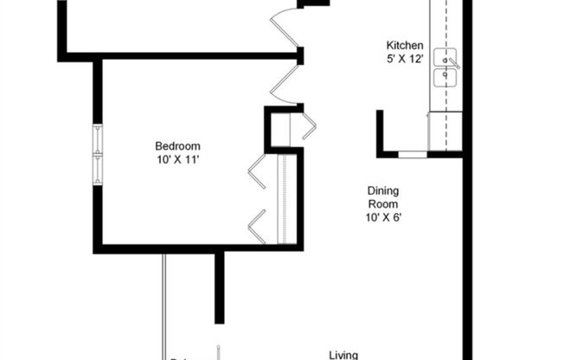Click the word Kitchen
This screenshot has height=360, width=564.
[404, 46]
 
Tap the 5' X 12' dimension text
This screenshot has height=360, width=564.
[404, 60]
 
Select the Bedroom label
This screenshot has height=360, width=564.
[177, 145]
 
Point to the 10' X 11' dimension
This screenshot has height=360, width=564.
[177, 159]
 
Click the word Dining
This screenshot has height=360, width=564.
[383, 190]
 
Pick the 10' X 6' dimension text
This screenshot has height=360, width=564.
[383, 218]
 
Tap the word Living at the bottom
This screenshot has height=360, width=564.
[344, 354]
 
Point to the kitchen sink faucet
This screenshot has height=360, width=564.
[453, 64]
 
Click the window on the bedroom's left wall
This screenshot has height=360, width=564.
[98, 154]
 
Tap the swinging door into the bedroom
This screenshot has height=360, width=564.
[285, 82]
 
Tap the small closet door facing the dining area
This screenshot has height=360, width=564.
[307, 125]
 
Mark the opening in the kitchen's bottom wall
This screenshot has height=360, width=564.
[413, 155]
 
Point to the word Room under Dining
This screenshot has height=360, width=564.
[383, 204]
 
